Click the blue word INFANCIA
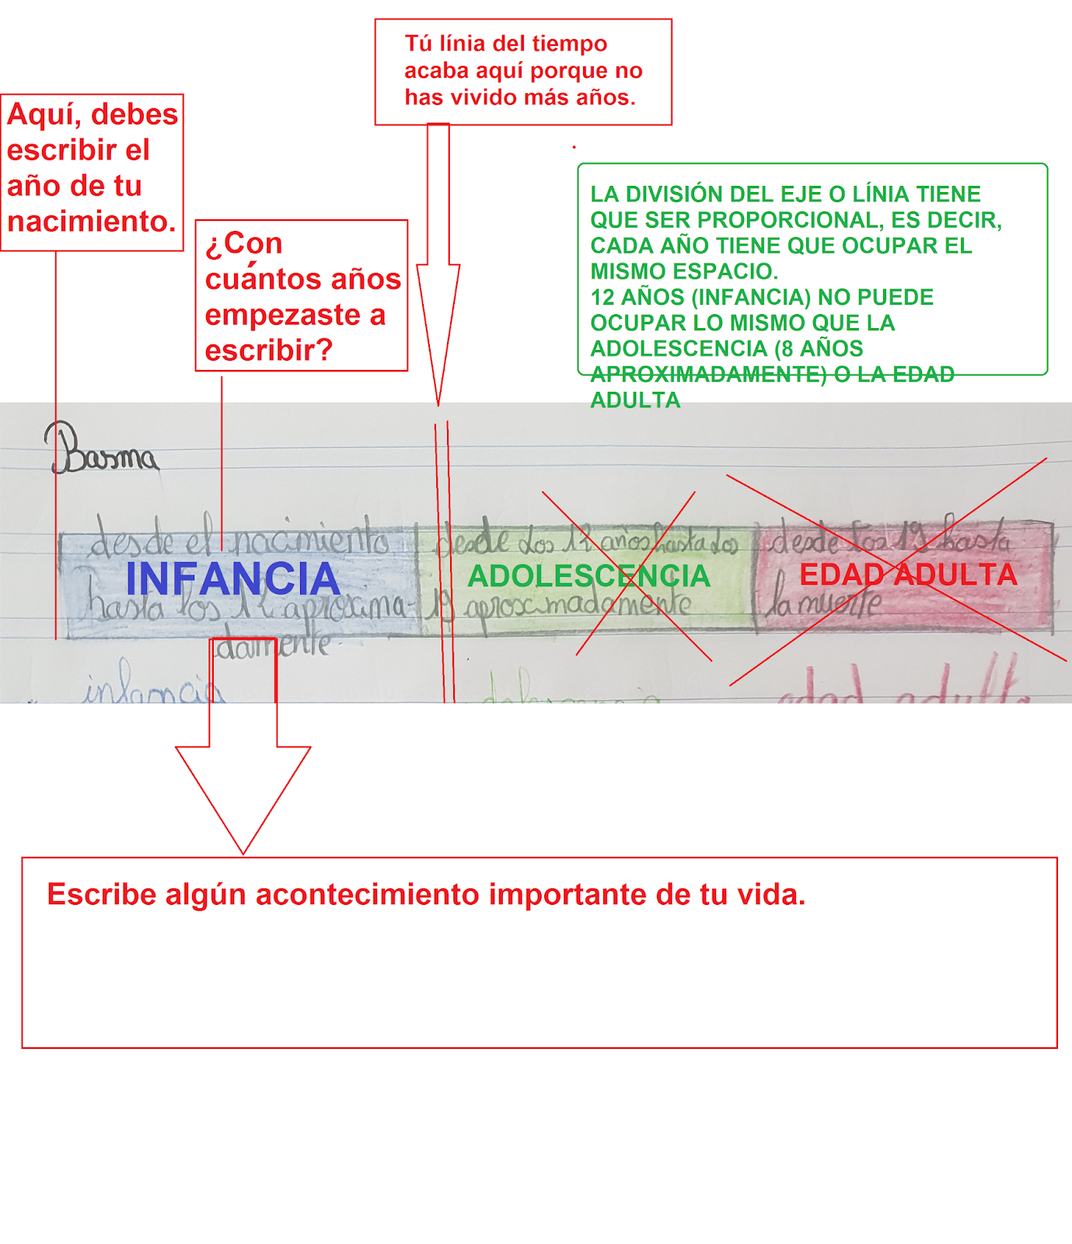tap(232, 578)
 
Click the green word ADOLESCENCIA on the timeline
tap(588, 576)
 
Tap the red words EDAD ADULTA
tap(908, 575)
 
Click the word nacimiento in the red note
tap(91, 222)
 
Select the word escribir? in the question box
tap(268, 351)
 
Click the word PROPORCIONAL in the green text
tap(787, 220)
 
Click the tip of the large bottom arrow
tap(243, 853)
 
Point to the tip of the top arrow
tap(438, 404)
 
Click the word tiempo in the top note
tap(570, 44)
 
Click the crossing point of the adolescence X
tap(627, 577)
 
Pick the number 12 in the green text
tap(602, 297)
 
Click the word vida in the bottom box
tap(775, 895)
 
